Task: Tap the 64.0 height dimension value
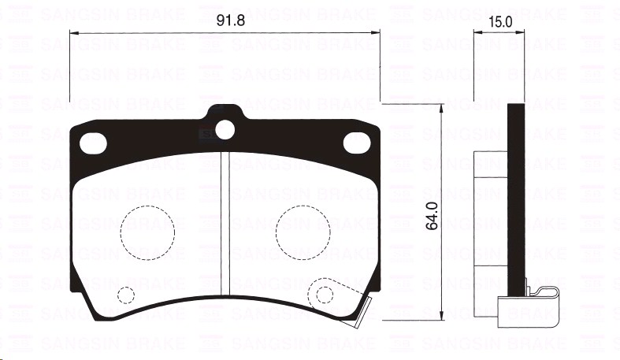(x=431, y=214)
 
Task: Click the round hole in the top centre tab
(x=225, y=129)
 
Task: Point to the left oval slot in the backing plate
(x=95, y=143)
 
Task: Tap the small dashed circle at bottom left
(x=125, y=295)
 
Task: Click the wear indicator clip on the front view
(x=358, y=309)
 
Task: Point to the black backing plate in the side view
(x=516, y=197)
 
